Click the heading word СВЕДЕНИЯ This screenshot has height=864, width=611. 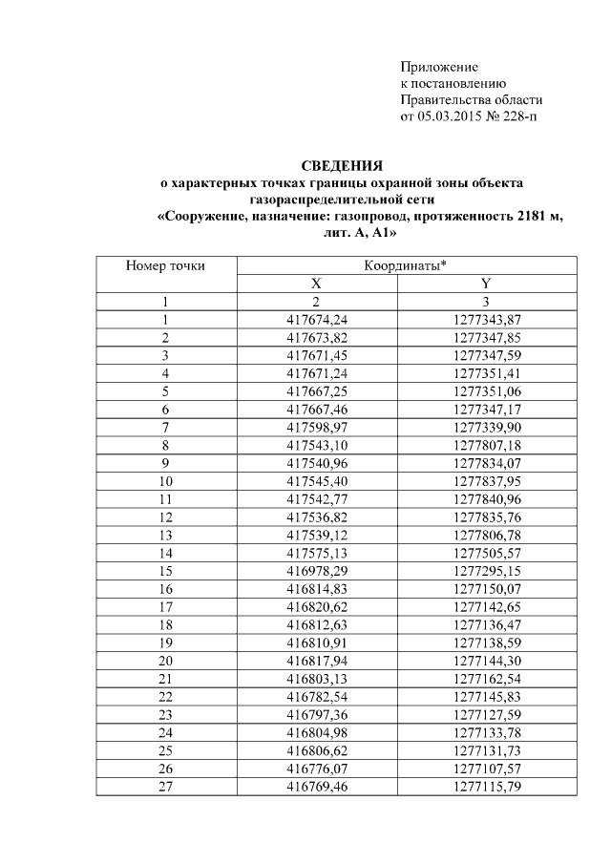point(343,165)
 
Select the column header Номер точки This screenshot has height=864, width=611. point(165,266)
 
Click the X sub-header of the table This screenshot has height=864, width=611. point(316,284)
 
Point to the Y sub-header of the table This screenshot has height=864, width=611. point(486,284)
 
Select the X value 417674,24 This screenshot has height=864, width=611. point(316,319)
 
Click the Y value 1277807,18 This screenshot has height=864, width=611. point(486,444)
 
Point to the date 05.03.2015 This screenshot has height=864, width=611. point(450,116)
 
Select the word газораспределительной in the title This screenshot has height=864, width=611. point(317,200)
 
